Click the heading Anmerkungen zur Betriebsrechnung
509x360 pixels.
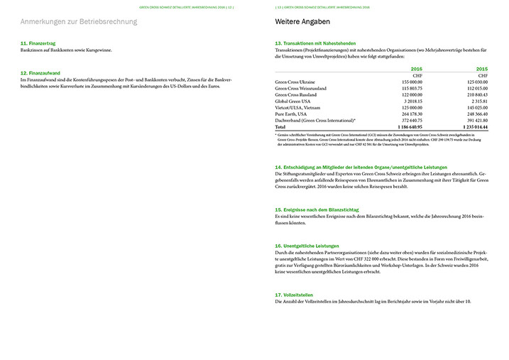coord(79,22)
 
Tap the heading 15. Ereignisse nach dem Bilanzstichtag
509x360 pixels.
coord(317,210)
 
